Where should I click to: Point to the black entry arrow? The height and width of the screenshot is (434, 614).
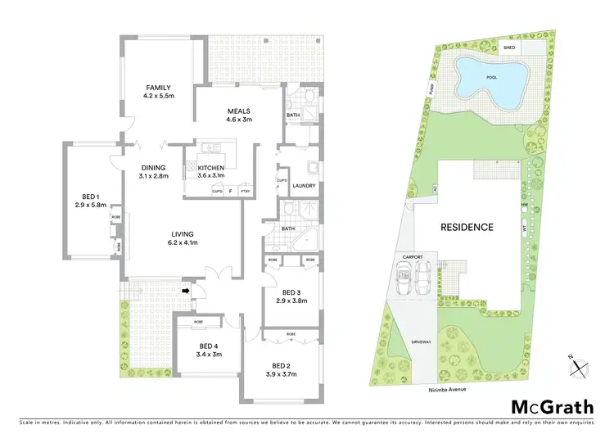click(186, 289)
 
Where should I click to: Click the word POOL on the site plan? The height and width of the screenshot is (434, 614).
click(491, 77)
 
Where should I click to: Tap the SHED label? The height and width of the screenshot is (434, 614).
click(509, 48)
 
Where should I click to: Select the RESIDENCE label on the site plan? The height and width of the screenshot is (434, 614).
click(467, 227)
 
